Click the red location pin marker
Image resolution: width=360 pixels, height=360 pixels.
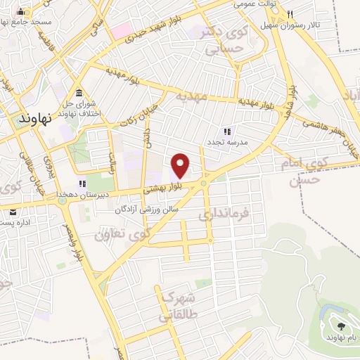coord(181,165)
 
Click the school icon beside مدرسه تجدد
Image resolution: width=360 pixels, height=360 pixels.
coord(226,131)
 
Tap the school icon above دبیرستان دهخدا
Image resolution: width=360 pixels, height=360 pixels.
coord(91,184)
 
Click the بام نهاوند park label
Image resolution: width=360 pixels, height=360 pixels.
coord(342,337)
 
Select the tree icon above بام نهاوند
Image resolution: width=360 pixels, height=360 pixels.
coord(342,326)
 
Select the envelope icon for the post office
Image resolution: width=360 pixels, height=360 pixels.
coord(13,211)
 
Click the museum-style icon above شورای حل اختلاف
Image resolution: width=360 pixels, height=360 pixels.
coord(77,94)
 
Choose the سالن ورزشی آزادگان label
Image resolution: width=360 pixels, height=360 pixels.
coord(147,209)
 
